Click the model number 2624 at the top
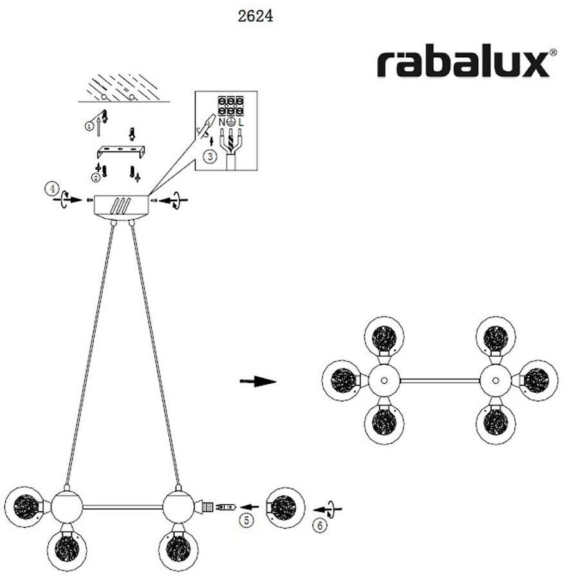coord(255,17)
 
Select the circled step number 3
coord(210,156)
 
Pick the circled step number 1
coord(89,126)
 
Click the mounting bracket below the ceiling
coord(121,152)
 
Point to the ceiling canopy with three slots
coord(121,206)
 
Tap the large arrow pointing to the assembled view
coord(258,382)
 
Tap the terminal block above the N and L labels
coord(231,106)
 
